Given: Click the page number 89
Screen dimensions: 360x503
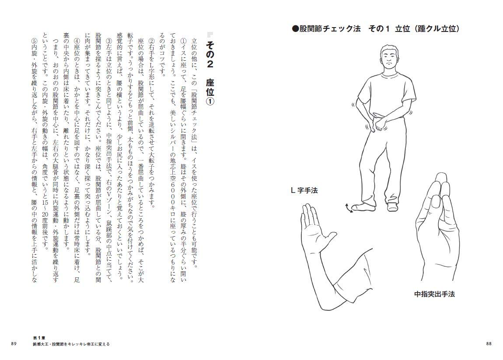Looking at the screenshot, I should click(14, 343).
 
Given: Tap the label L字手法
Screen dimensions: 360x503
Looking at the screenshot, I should click(304, 190).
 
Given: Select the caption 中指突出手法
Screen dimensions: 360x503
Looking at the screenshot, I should click(434, 294).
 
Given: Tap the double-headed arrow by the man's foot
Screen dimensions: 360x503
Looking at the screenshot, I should click(348, 208).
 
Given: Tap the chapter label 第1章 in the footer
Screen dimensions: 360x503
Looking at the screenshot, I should click(39, 338).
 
